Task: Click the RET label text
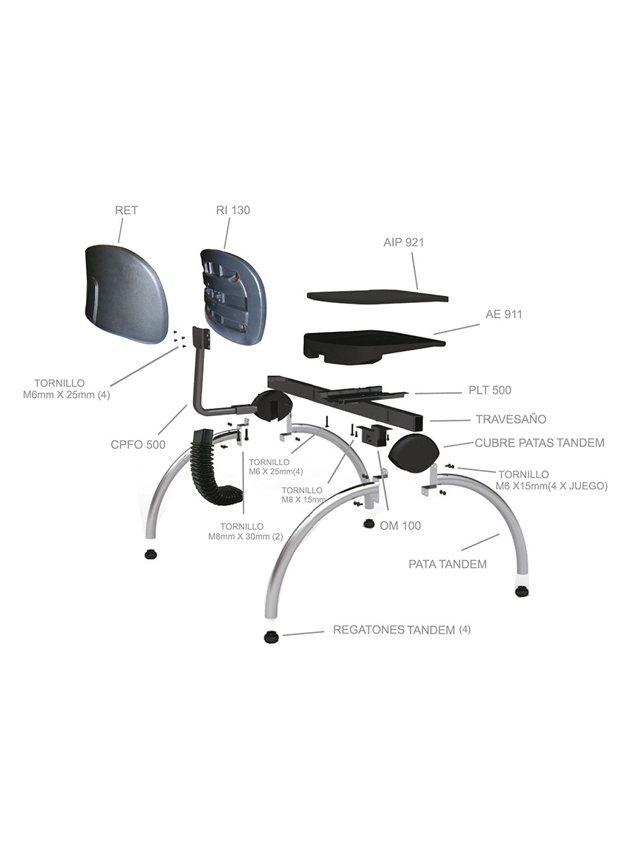[126, 210]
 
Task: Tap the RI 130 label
[233, 210]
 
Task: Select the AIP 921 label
[404, 242]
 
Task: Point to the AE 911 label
[503, 314]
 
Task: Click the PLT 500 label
[490, 390]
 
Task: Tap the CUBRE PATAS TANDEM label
[539, 443]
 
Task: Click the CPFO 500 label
[138, 445]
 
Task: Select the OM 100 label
[401, 526]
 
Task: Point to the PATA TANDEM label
[448, 564]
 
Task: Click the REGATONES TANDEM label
[394, 630]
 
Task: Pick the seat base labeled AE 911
[374, 344]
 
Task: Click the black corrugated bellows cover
[211, 472]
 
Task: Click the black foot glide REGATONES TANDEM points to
[272, 637]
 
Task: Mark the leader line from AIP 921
[415, 271]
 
